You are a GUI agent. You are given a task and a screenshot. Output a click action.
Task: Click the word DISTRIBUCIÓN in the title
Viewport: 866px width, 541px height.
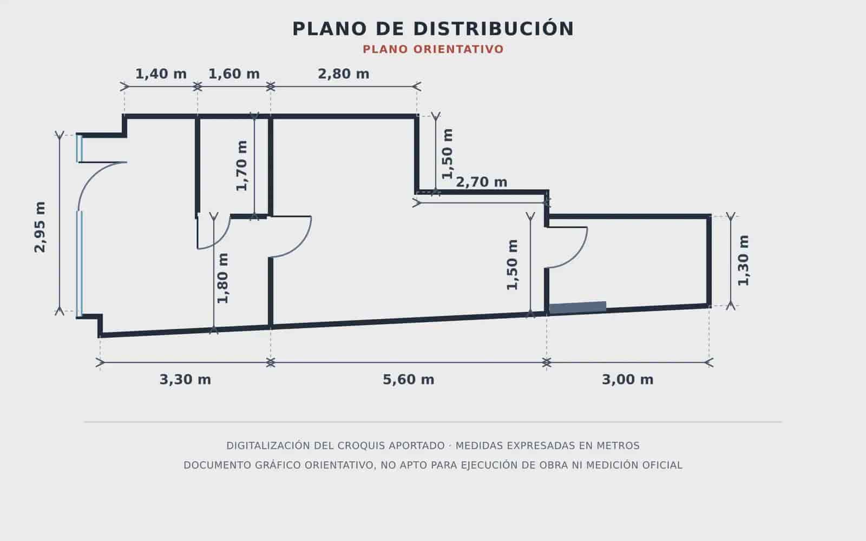click(494, 29)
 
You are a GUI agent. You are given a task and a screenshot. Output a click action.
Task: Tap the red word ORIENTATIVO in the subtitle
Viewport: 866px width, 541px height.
click(458, 49)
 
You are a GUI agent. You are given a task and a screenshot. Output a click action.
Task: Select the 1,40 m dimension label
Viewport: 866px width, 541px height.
click(161, 74)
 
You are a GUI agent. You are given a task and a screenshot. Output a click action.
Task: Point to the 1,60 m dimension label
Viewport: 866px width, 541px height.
click(234, 74)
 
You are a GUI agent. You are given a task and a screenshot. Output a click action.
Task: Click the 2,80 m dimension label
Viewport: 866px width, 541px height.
click(343, 74)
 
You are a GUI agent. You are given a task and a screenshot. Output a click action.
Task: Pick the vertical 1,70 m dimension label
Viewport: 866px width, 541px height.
click(241, 166)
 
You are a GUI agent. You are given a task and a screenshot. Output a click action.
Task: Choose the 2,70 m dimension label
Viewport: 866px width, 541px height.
click(481, 182)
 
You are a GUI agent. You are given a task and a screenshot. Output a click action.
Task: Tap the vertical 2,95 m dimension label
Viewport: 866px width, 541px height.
click(40, 227)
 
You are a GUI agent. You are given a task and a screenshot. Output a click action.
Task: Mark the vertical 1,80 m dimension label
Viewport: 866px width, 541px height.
click(223, 278)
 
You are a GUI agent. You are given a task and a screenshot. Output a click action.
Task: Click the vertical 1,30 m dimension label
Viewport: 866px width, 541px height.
click(743, 260)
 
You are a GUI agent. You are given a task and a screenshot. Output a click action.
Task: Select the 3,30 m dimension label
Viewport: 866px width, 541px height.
click(185, 379)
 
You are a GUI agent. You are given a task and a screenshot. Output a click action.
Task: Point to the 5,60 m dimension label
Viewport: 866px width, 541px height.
click(408, 379)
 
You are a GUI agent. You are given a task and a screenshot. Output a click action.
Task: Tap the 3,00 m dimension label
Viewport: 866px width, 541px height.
click(627, 379)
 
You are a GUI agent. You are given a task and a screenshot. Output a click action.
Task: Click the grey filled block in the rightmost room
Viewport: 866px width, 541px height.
click(578, 308)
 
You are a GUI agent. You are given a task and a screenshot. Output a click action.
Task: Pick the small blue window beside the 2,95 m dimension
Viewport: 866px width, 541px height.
click(79, 148)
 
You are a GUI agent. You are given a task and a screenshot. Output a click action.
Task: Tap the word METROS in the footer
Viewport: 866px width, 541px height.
click(618, 446)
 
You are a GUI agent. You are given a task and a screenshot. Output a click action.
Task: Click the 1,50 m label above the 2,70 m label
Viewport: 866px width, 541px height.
click(447, 154)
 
